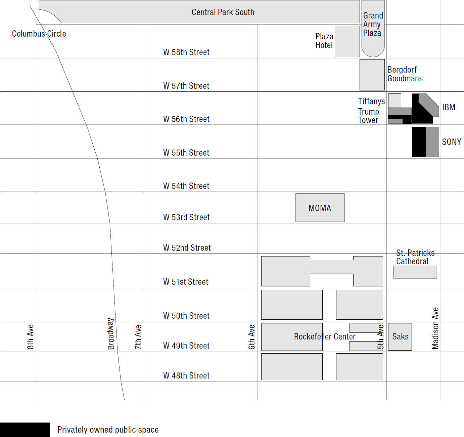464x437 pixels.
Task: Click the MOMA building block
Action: (x=320, y=207)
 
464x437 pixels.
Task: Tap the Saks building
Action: (x=400, y=336)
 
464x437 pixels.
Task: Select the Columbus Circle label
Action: (x=39, y=34)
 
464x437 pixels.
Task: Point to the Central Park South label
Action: (x=223, y=12)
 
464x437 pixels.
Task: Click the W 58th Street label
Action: (x=186, y=52)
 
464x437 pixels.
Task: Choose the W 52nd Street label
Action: (x=187, y=248)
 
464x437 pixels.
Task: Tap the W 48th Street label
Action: (x=186, y=375)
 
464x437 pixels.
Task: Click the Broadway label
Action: (x=111, y=333)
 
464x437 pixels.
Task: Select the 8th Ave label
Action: (x=30, y=337)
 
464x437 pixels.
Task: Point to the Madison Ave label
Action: (x=435, y=328)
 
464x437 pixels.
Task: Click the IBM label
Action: (x=449, y=107)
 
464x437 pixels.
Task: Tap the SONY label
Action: (x=451, y=142)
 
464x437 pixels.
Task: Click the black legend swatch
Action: (x=25, y=430)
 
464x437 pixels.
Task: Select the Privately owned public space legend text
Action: (x=108, y=430)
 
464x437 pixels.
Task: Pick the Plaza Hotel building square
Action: (x=347, y=41)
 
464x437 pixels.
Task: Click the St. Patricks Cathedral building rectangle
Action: (x=415, y=272)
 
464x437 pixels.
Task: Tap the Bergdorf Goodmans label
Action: (x=405, y=74)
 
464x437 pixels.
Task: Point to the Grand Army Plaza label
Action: (x=373, y=24)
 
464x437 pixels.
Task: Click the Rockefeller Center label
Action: (x=325, y=336)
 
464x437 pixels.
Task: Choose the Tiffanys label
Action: (x=371, y=101)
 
